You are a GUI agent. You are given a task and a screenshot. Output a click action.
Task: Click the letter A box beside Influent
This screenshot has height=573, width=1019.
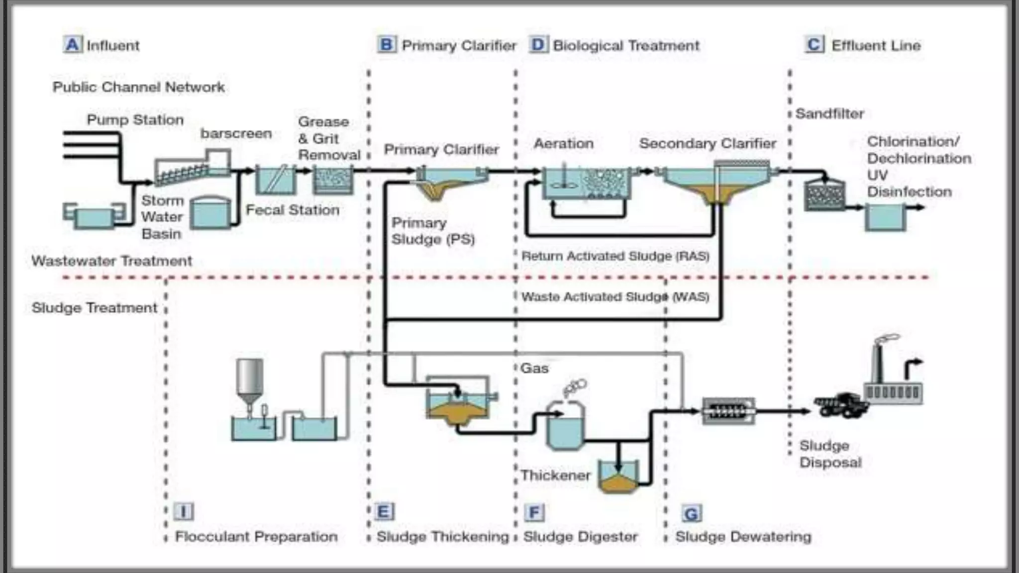click(72, 45)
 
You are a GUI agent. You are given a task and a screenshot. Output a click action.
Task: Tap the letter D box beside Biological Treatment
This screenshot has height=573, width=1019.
click(538, 45)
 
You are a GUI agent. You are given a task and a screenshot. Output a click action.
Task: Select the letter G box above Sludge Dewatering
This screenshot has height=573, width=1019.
click(691, 513)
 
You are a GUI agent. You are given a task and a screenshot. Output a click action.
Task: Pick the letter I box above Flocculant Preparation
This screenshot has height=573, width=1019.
click(184, 511)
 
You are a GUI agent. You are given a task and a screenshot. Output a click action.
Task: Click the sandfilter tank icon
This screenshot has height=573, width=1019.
click(824, 195)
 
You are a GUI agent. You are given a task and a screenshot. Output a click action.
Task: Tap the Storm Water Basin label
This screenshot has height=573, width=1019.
click(162, 217)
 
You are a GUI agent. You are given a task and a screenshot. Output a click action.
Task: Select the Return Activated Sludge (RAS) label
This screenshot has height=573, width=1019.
click(615, 256)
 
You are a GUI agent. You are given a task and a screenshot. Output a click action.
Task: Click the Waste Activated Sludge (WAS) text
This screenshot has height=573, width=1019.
click(615, 297)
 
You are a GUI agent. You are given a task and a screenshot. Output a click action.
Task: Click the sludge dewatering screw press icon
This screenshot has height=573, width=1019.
click(728, 411)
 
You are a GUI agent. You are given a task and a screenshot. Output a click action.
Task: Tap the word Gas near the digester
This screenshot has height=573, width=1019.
click(534, 369)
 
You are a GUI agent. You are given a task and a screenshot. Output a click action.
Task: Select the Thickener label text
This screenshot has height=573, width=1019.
click(555, 476)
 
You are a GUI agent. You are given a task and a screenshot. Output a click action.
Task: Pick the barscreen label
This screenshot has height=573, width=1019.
click(236, 134)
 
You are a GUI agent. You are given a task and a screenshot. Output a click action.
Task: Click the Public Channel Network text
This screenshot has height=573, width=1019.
click(138, 87)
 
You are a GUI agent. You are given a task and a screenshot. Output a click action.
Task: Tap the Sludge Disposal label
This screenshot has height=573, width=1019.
click(830, 454)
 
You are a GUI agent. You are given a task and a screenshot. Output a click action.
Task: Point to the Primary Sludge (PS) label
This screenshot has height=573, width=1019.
click(432, 231)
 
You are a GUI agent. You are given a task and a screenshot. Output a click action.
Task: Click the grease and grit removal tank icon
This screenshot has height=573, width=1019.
click(332, 181)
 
